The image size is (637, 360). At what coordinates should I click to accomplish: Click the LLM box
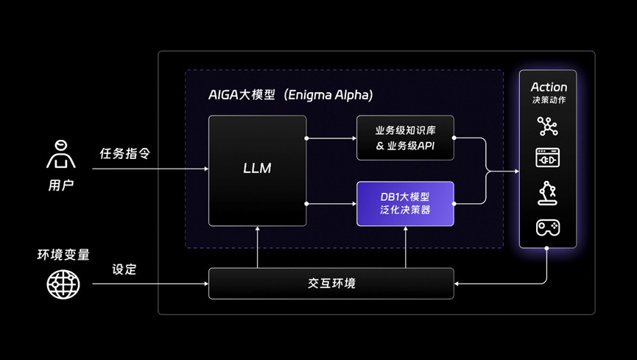pyautogui.click(x=257, y=169)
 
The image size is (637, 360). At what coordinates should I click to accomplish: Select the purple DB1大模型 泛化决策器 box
pyautogui.click(x=405, y=203)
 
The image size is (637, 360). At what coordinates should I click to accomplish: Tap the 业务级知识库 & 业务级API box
pyautogui.click(x=405, y=138)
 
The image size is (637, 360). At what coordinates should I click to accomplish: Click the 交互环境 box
pyautogui.click(x=331, y=283)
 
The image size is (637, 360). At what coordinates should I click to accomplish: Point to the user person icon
pyautogui.click(x=61, y=155)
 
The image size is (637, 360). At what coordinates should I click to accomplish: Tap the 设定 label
pyautogui.click(x=124, y=269)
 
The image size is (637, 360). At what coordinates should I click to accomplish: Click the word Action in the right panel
pyautogui.click(x=549, y=87)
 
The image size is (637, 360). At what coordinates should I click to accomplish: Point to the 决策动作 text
pyautogui.click(x=549, y=100)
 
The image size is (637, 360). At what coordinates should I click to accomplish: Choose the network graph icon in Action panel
pyautogui.click(x=547, y=126)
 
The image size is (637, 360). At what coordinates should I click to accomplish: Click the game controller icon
pyautogui.click(x=547, y=227)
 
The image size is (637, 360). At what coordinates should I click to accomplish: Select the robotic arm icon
pyautogui.click(x=547, y=193)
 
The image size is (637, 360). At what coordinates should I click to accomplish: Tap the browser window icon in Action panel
pyautogui.click(x=547, y=158)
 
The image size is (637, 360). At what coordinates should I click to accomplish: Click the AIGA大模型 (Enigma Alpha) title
pyautogui.click(x=290, y=96)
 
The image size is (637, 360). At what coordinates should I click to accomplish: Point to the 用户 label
pyautogui.click(x=61, y=184)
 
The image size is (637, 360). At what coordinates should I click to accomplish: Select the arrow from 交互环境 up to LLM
pyautogui.click(x=257, y=247)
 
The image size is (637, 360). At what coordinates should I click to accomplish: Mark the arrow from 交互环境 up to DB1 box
pyautogui.click(x=405, y=247)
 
